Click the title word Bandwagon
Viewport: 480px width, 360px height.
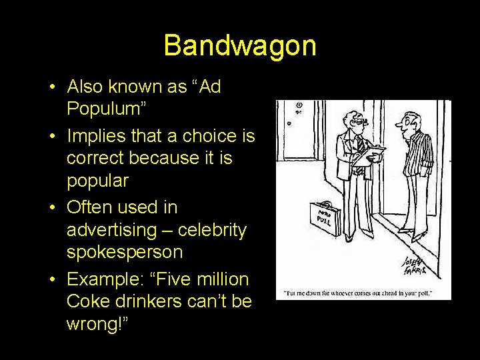(x=240, y=46)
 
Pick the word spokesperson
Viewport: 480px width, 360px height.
(x=124, y=253)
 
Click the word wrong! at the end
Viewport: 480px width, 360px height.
(x=97, y=324)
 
